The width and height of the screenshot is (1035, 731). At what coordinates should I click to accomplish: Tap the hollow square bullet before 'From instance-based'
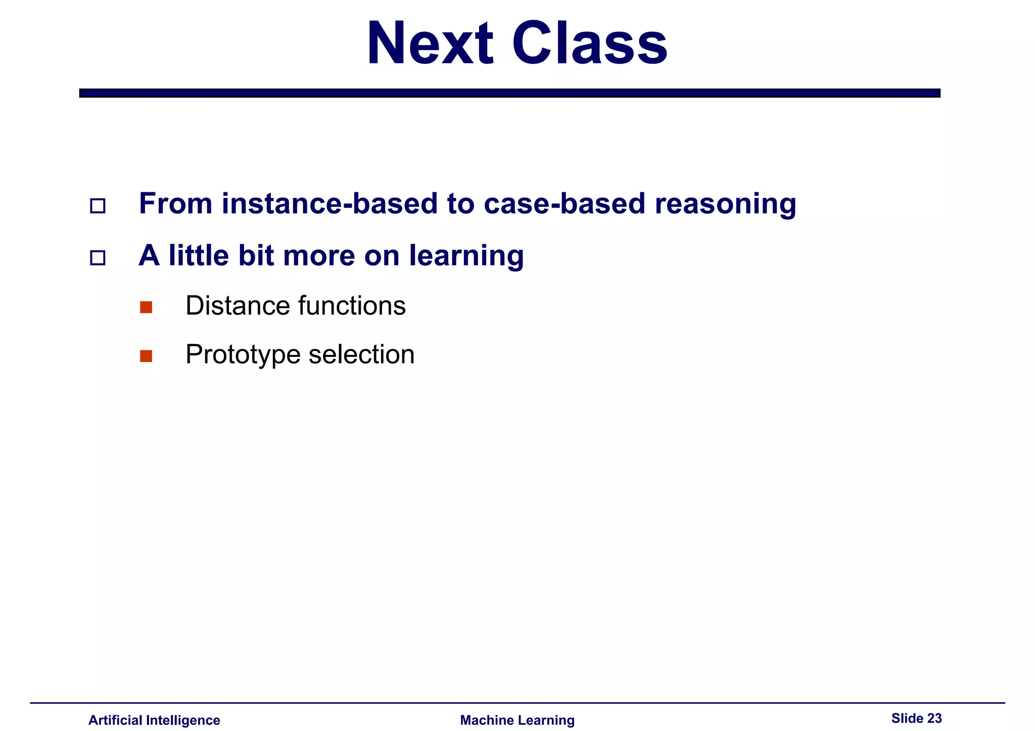click(x=98, y=206)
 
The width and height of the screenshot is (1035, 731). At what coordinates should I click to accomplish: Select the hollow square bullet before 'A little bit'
click(x=98, y=258)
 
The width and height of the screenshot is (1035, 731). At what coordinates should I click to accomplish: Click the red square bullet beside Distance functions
click(x=146, y=307)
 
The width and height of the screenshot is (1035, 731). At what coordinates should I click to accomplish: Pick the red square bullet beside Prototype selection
click(x=146, y=356)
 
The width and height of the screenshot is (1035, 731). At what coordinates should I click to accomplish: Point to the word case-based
click(x=564, y=203)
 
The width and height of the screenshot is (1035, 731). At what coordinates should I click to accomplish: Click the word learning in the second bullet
click(x=466, y=255)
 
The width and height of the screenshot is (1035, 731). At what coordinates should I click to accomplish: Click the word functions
click(x=352, y=305)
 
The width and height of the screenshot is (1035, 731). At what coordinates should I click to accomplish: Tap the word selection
click(x=361, y=354)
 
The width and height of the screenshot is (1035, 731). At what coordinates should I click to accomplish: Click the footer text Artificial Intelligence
click(x=154, y=720)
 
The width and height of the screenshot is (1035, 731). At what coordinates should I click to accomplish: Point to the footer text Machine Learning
click(x=517, y=720)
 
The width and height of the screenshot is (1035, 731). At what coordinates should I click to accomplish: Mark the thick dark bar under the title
click(x=509, y=93)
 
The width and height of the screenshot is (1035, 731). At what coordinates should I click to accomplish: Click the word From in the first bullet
click(x=175, y=203)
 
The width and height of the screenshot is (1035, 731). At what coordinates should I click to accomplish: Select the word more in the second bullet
click(x=319, y=255)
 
